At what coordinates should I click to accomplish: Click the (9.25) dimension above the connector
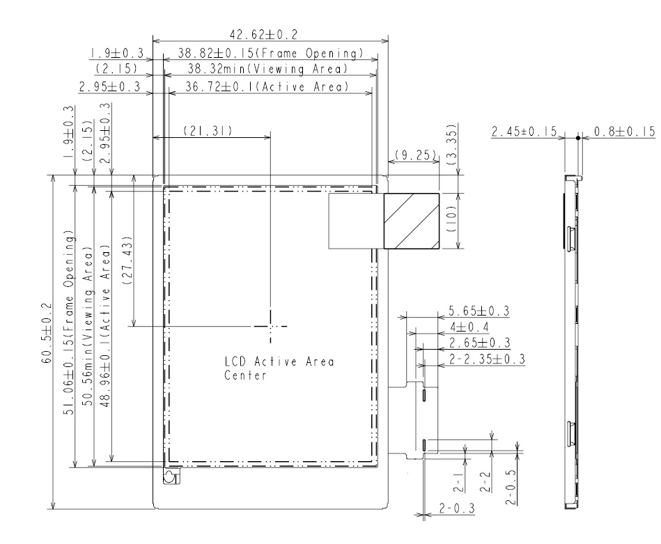(414, 155)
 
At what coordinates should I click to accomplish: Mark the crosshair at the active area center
(272, 326)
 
